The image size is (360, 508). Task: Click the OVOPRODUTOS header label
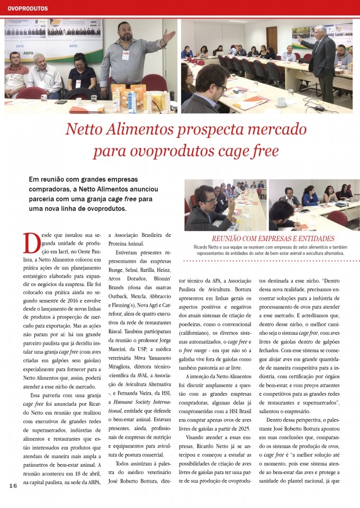[x=28, y=8]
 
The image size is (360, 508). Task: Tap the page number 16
[x=13, y=486]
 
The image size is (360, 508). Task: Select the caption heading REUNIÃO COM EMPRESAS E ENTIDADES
[x=273, y=238]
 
